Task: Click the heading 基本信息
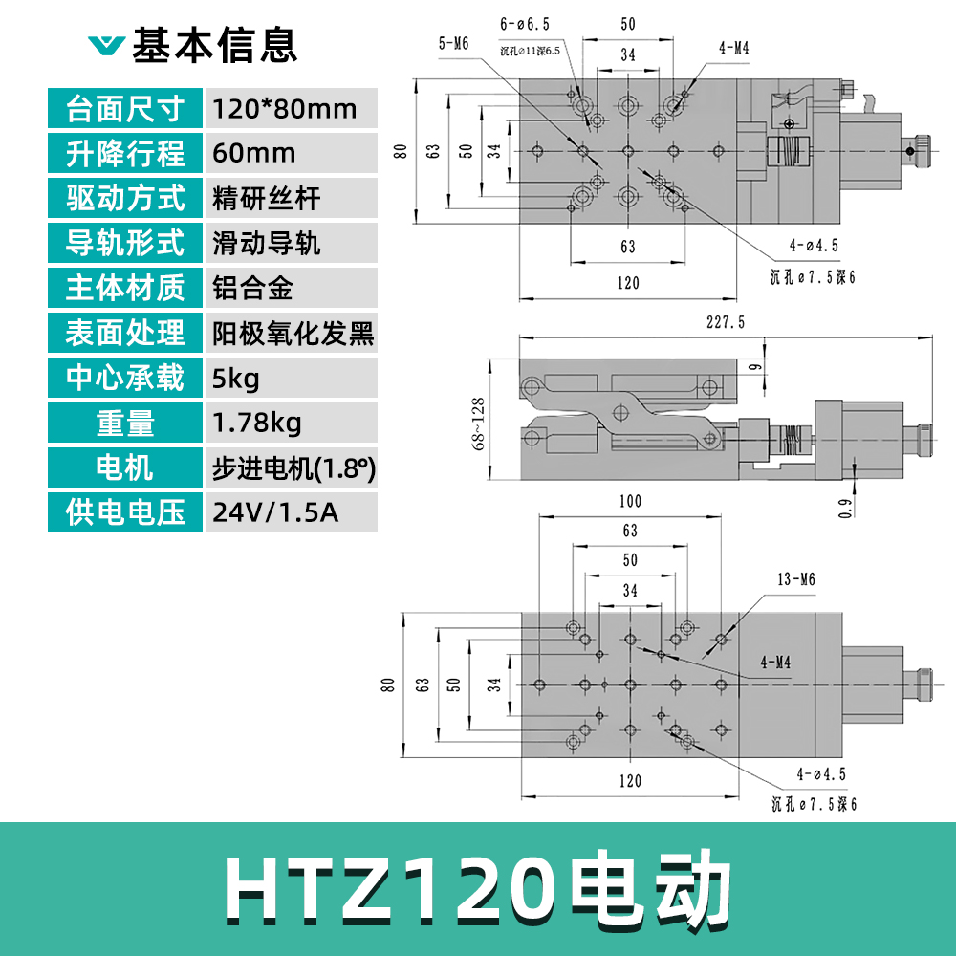tap(214, 44)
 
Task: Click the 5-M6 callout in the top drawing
tap(453, 43)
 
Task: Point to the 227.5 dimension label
tap(726, 323)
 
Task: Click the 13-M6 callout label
tap(795, 579)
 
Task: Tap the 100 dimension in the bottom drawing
tap(630, 501)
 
